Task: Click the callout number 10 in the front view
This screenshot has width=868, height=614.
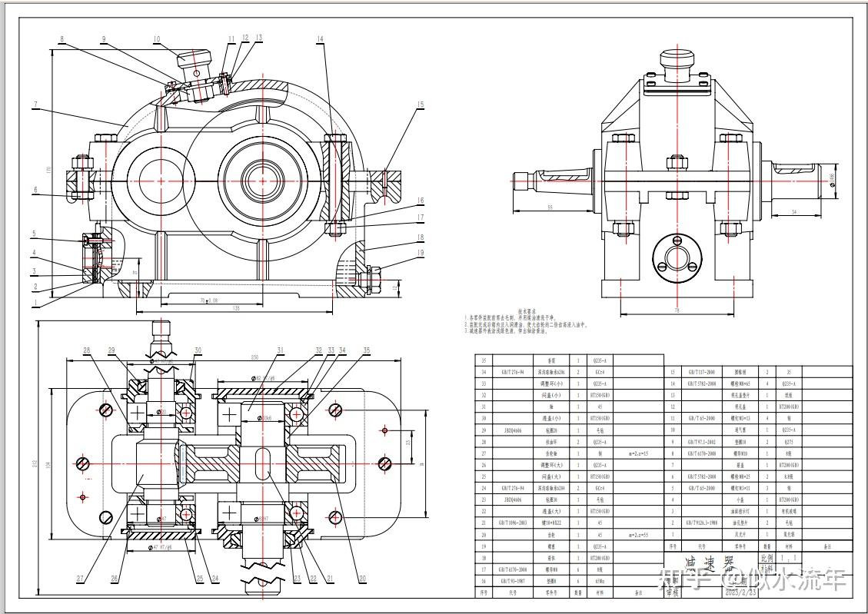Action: (157, 38)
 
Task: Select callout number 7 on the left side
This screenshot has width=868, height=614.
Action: (35, 104)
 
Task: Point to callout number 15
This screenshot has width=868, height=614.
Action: (421, 105)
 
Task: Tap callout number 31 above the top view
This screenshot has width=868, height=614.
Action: (281, 350)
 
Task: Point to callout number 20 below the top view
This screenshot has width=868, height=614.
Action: (361, 579)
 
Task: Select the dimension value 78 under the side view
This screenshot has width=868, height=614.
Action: (677, 310)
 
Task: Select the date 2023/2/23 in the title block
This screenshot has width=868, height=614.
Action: (700, 592)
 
